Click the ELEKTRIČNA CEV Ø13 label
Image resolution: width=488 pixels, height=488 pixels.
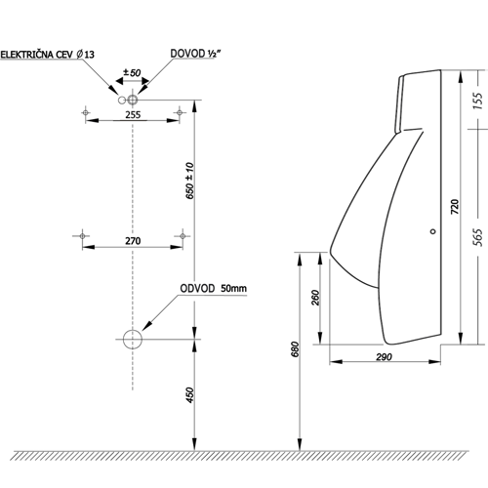(48, 54)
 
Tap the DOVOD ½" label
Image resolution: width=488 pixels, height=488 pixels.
(193, 54)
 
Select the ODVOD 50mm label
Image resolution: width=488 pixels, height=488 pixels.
(213, 289)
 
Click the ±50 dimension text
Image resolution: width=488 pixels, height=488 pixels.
(132, 72)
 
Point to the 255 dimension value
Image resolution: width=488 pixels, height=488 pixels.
(133, 115)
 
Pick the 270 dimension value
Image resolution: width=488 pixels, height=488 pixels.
(133, 241)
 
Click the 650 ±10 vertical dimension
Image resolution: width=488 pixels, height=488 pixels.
(189, 181)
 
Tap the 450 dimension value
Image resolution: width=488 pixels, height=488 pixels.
(189, 395)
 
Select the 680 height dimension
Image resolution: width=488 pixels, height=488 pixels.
(295, 349)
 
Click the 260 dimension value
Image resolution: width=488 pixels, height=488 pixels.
(315, 298)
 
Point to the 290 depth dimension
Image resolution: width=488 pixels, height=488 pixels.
(384, 357)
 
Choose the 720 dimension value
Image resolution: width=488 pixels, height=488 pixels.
(455, 207)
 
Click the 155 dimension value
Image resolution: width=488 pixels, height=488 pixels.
(477, 101)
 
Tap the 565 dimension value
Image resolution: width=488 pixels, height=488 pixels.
(477, 237)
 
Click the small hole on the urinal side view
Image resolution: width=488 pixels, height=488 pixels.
(432, 231)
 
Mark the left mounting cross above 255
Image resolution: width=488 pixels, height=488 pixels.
(86, 112)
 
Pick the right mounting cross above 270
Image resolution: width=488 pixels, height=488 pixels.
(183, 236)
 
